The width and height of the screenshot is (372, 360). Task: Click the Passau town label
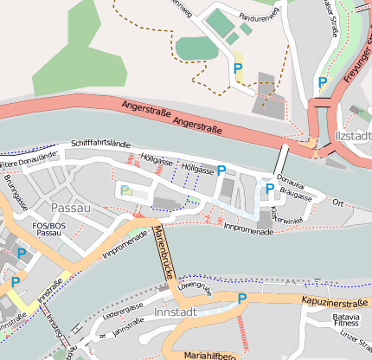(70, 209)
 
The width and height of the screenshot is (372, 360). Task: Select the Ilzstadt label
(350, 136)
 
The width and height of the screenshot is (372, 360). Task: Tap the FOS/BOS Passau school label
(48, 229)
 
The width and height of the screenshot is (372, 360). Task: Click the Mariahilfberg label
(215, 354)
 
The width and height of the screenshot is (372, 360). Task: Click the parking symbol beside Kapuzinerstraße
(242, 299)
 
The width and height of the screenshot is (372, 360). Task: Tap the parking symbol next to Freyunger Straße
(323, 83)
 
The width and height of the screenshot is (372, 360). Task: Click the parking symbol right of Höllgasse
(221, 170)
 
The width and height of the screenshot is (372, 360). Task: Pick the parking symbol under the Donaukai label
(270, 188)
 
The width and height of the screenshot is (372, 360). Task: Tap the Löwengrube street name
(194, 287)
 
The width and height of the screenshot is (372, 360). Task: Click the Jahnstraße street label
(126, 327)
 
